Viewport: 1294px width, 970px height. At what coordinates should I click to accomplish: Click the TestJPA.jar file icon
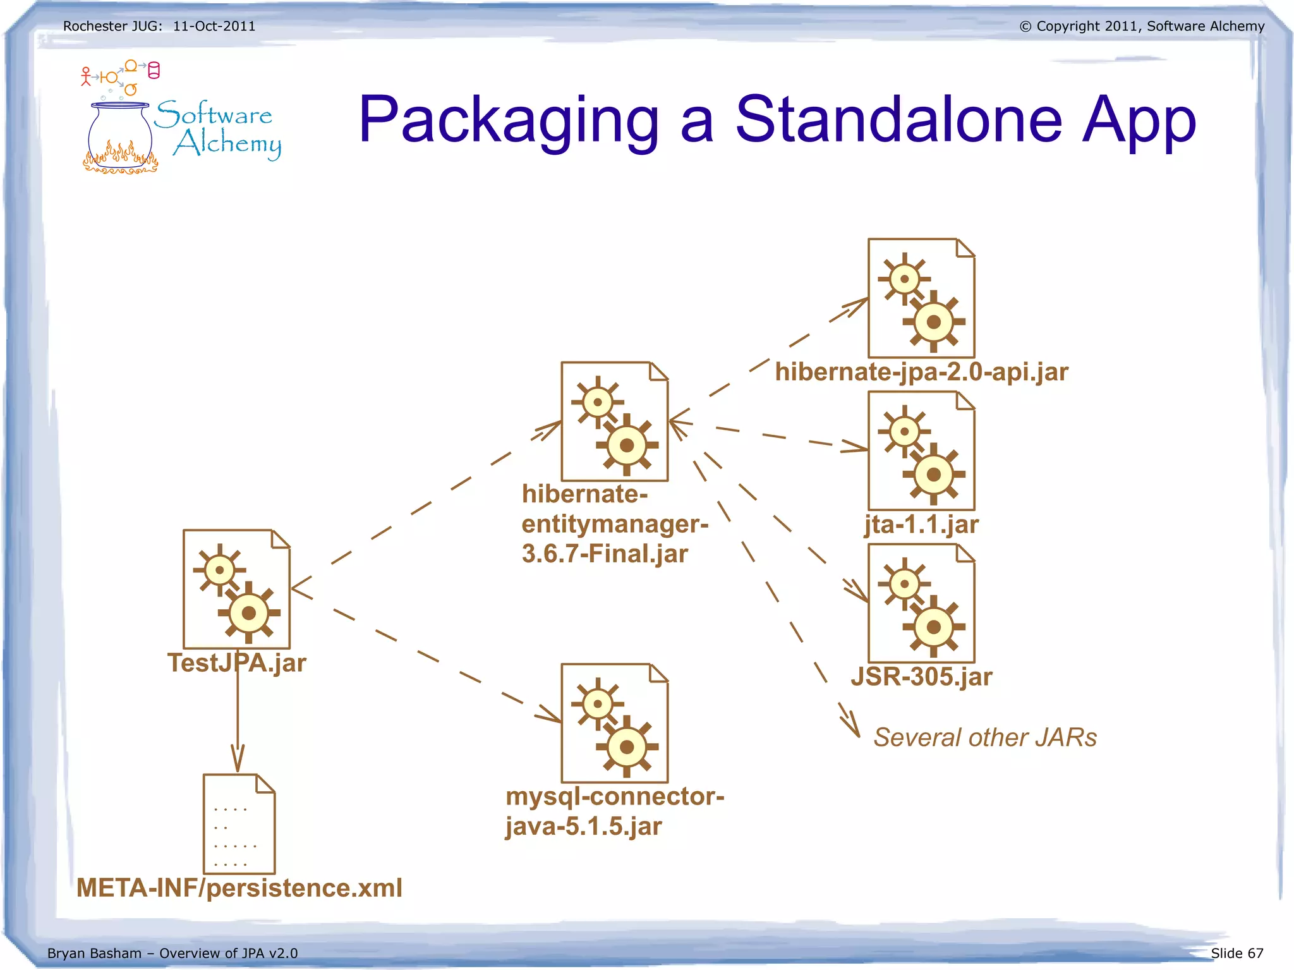click(236, 589)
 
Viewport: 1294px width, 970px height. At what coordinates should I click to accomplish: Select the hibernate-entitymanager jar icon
click(614, 421)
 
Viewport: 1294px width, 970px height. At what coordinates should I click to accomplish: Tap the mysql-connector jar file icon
click(614, 723)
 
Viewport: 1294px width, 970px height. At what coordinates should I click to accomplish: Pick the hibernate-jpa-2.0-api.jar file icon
click(921, 298)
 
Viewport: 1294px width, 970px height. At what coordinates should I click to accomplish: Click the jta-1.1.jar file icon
click(921, 451)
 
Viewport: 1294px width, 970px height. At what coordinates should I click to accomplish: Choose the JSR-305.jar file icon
click(921, 603)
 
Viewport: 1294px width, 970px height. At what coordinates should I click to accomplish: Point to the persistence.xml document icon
click(239, 824)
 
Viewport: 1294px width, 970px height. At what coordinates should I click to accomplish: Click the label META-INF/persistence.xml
click(239, 888)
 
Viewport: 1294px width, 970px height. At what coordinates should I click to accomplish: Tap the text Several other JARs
click(984, 737)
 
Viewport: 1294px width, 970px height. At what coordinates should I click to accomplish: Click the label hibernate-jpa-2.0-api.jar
click(921, 372)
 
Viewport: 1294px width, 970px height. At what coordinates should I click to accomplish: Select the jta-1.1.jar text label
click(921, 524)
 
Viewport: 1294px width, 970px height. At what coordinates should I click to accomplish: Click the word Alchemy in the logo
click(227, 144)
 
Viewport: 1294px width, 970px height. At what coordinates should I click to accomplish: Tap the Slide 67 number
click(1237, 953)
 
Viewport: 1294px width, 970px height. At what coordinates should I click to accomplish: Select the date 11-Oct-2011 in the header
click(214, 26)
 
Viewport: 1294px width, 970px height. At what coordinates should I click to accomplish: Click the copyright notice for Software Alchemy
click(1142, 26)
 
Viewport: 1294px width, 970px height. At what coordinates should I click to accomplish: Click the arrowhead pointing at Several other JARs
click(850, 723)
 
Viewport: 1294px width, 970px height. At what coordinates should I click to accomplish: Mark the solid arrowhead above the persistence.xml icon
click(238, 758)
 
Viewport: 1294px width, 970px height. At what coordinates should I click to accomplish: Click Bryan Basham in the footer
click(94, 953)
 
